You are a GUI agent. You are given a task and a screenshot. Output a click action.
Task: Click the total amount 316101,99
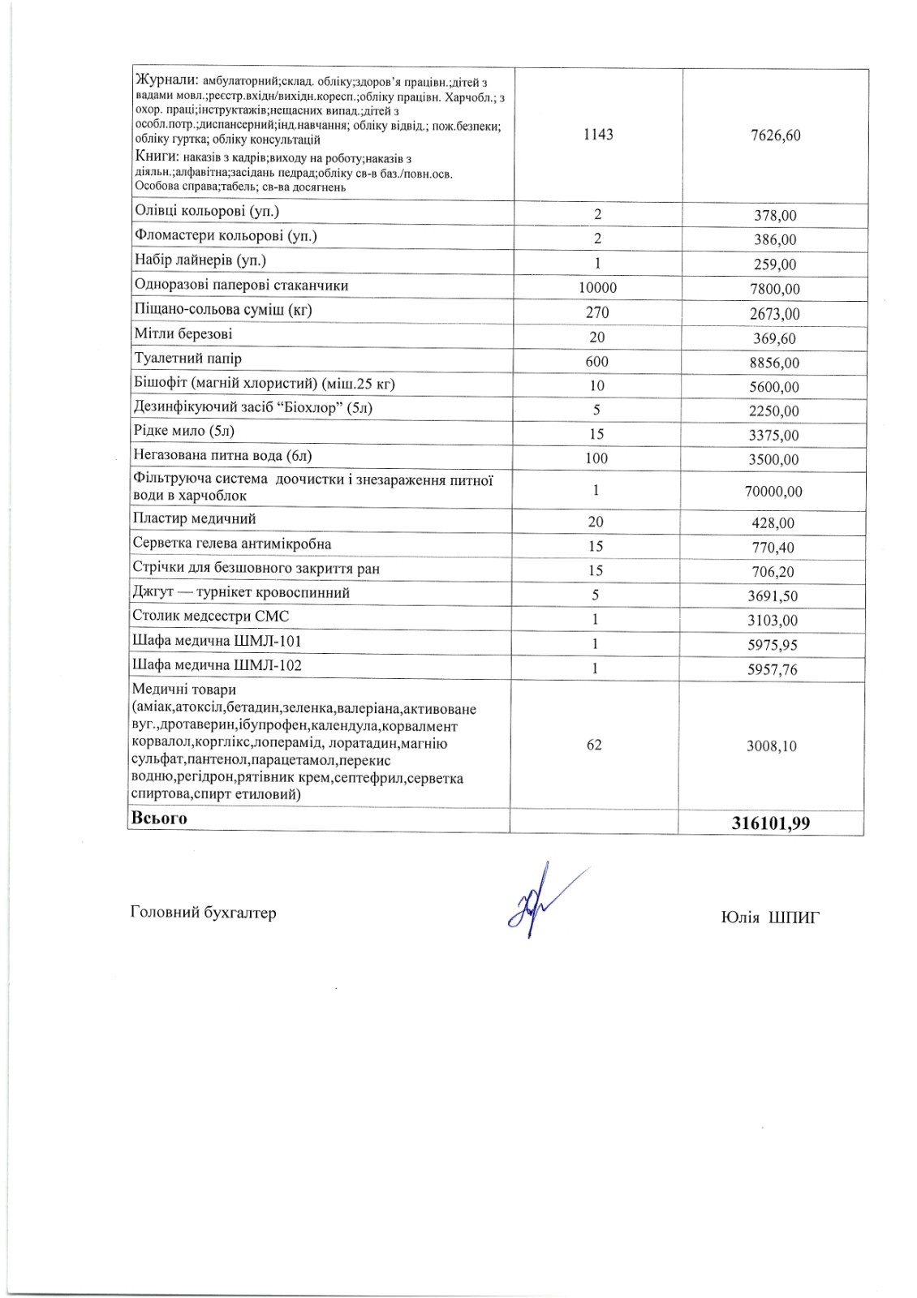click(770, 823)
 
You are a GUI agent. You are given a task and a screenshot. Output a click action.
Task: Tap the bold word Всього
click(159, 819)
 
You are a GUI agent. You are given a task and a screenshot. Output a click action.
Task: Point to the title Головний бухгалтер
click(203, 913)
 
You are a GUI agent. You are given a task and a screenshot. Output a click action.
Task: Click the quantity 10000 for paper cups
click(597, 288)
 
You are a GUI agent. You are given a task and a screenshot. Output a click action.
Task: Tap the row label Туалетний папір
click(187, 359)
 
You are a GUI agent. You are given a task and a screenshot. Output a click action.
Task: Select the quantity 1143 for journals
click(598, 135)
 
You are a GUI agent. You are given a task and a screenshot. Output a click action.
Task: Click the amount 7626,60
click(776, 135)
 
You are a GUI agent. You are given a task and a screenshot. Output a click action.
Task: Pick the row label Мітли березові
click(183, 334)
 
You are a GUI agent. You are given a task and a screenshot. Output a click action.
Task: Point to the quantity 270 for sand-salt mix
click(597, 312)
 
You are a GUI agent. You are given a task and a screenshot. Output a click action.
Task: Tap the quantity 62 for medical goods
click(594, 745)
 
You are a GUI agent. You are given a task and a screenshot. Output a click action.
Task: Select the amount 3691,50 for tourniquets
click(773, 596)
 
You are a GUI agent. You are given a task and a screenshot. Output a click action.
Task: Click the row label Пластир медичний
click(194, 518)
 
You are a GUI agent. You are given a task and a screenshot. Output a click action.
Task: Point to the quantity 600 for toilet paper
click(596, 362)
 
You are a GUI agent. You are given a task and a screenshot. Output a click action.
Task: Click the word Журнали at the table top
click(166, 80)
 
